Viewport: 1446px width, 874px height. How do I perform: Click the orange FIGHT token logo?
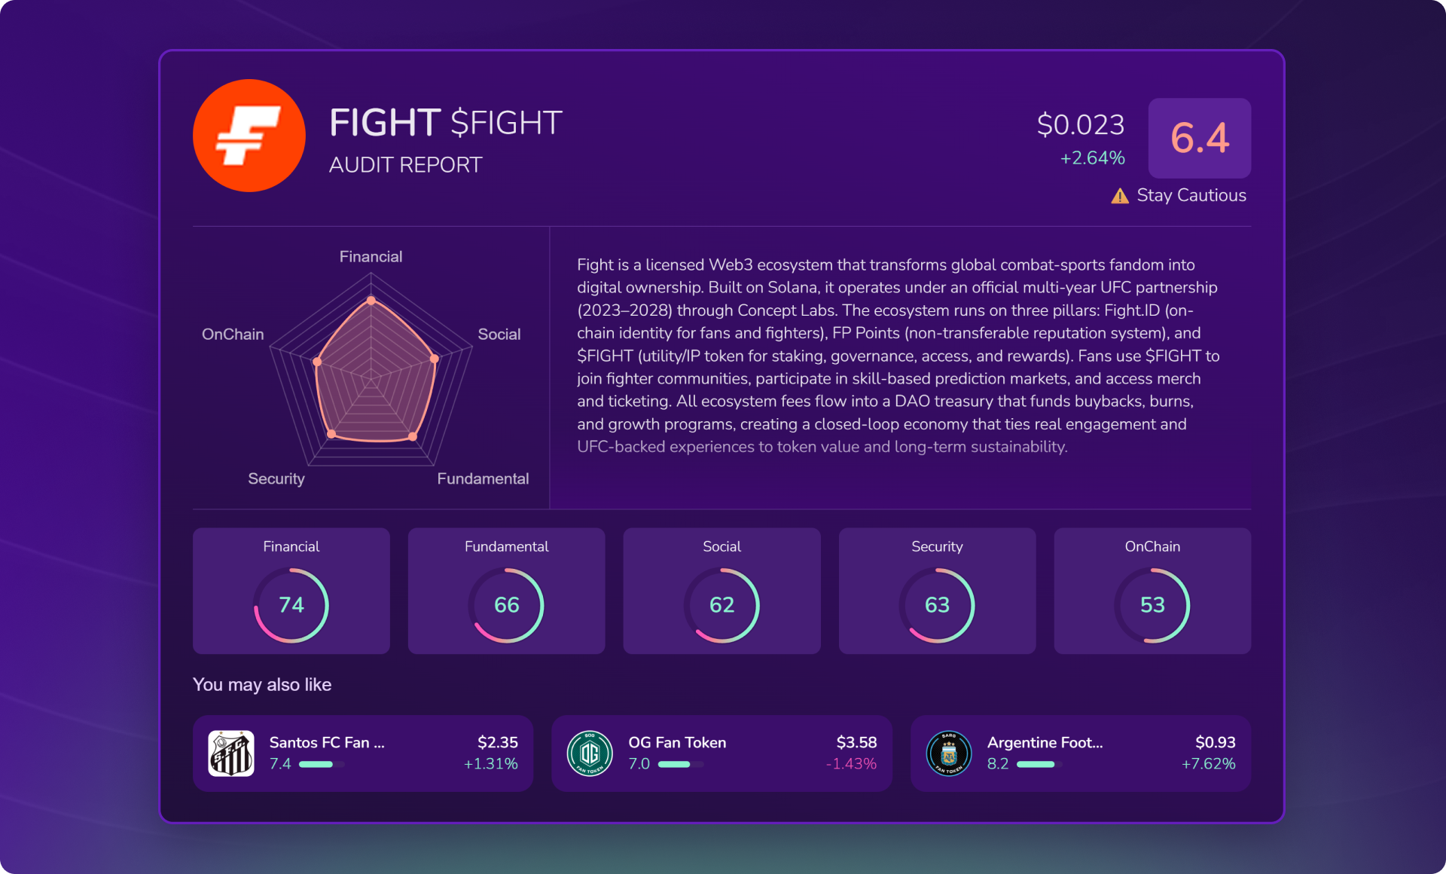pyautogui.click(x=249, y=136)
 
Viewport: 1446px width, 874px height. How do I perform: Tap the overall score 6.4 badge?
pyautogui.click(x=1199, y=138)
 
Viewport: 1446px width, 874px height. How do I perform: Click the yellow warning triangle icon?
pyautogui.click(x=1120, y=196)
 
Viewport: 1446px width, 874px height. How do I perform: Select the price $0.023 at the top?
pyautogui.click(x=1080, y=124)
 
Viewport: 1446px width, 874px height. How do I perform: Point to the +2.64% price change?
pyautogui.click(x=1092, y=158)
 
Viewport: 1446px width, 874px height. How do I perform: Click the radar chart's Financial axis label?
pyautogui.click(x=371, y=257)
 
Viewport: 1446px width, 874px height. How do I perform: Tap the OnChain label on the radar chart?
pyautogui.click(x=233, y=335)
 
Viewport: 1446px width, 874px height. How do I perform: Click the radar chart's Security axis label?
pyautogui.click(x=276, y=479)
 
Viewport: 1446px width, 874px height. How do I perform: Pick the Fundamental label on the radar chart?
pyautogui.click(x=483, y=479)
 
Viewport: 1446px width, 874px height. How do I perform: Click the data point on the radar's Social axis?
pyautogui.click(x=435, y=359)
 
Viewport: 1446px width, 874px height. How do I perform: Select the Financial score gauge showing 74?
pyautogui.click(x=291, y=605)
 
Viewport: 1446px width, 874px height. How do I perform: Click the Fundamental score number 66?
pyautogui.click(x=507, y=605)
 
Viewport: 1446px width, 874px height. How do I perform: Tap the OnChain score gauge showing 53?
pyautogui.click(x=1152, y=605)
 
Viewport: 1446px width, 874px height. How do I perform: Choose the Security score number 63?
pyautogui.click(x=937, y=605)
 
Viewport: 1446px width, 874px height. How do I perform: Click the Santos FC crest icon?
pyautogui.click(x=231, y=753)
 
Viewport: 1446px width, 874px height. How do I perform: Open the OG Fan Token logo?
pyautogui.click(x=590, y=753)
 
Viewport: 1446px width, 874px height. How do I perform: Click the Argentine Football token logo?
pyautogui.click(x=949, y=753)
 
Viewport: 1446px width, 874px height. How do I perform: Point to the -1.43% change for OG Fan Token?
pyautogui.click(x=851, y=764)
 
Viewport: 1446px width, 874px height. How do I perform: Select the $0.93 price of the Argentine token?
pyautogui.click(x=1215, y=742)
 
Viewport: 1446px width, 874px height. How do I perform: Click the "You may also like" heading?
pyautogui.click(x=262, y=685)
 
